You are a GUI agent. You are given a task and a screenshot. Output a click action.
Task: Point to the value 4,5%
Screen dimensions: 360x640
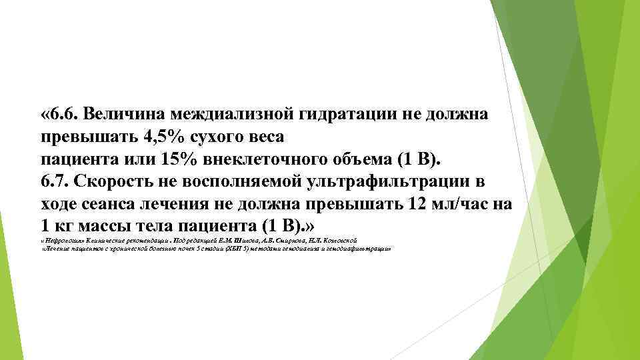(x=161, y=137)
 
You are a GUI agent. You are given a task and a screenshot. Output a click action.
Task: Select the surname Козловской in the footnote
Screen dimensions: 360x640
(x=340, y=239)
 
